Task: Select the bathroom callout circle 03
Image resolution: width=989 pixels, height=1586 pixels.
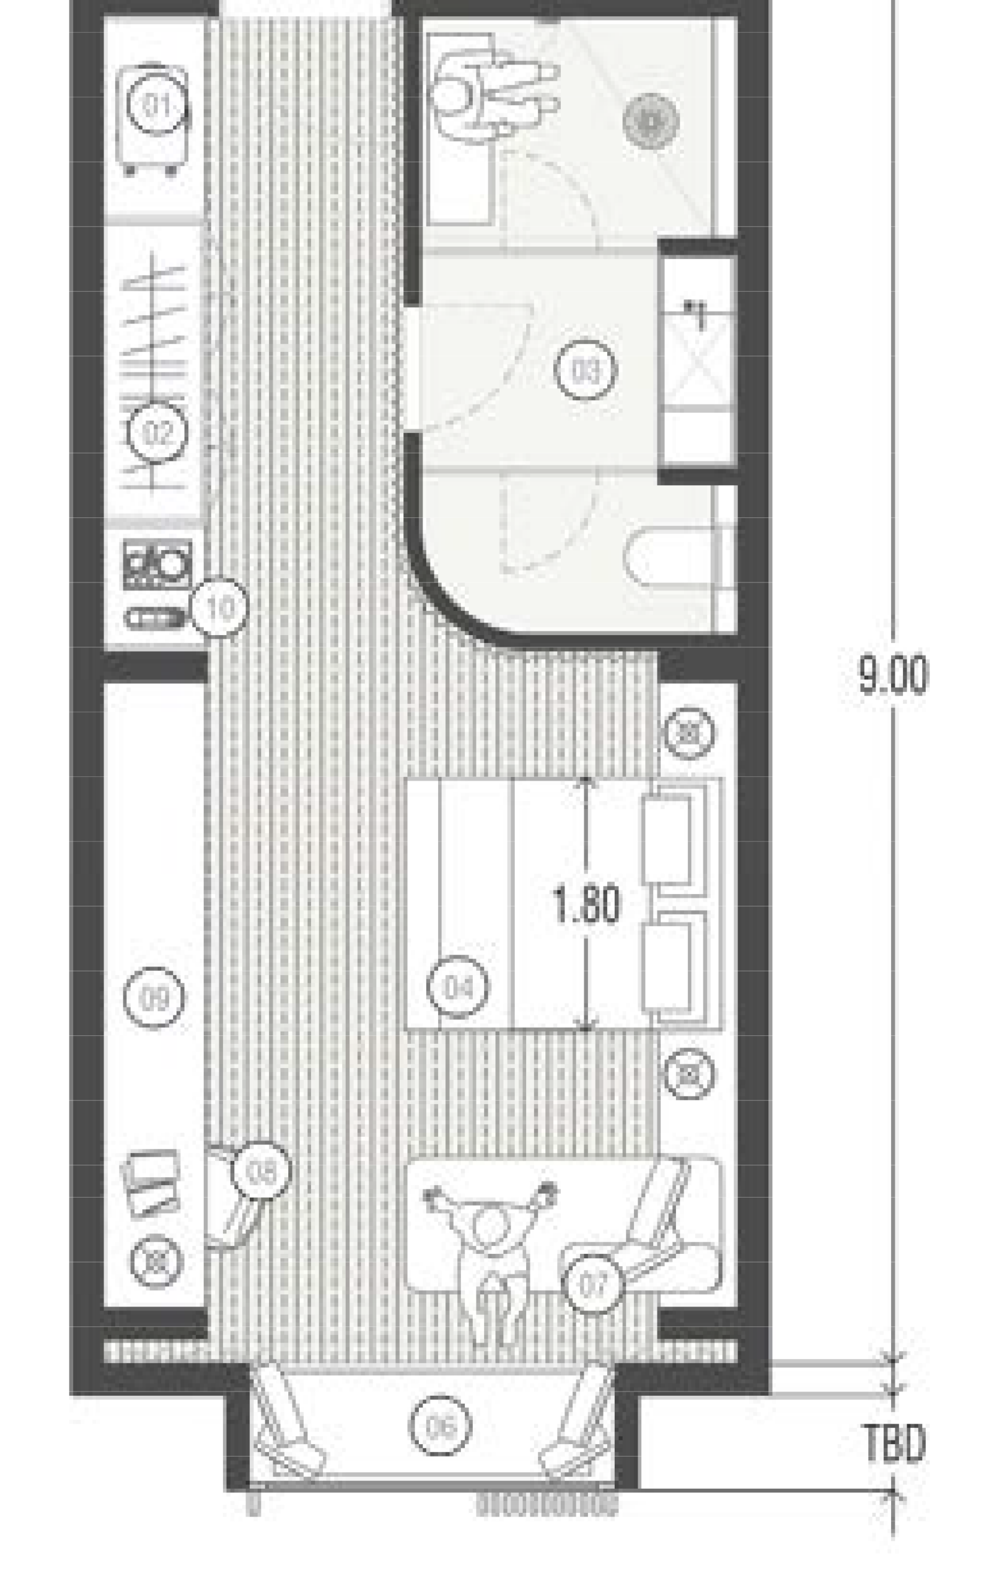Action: point(586,370)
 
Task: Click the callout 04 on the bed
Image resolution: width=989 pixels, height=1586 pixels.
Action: point(457,986)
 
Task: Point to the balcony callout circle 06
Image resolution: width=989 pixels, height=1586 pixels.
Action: point(440,1426)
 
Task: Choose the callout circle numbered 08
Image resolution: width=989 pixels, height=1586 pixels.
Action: point(260,1173)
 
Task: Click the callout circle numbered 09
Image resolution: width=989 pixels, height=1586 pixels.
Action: point(155,997)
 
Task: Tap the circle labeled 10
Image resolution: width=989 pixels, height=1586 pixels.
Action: point(221,607)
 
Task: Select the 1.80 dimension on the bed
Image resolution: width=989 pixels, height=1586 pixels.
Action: point(586,906)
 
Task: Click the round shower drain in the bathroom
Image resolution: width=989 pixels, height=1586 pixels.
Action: point(650,120)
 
